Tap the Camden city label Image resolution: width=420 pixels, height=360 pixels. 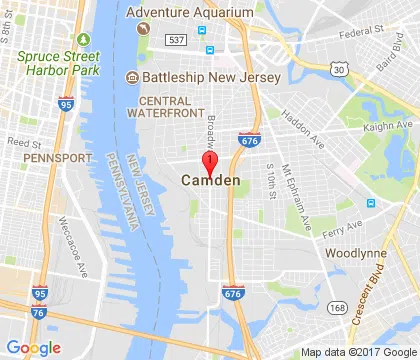tap(211, 181)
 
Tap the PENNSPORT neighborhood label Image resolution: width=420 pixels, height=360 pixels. tap(34, 159)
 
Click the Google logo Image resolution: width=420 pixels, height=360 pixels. tap(33, 347)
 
